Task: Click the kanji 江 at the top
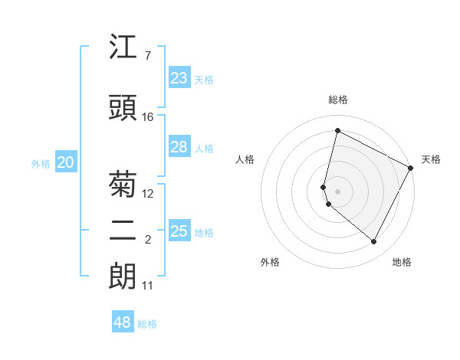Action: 123,48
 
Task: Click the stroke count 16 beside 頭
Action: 148,117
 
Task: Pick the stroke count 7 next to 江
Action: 147,56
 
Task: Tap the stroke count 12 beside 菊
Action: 148,194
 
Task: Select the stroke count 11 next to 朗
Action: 148,286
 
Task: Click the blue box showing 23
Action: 179,78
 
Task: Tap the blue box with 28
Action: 179,147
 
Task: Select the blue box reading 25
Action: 179,231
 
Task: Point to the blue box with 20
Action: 65,162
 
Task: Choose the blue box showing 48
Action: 123,322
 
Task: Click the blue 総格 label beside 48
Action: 147,324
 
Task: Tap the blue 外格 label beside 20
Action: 41,164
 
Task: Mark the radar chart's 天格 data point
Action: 411,168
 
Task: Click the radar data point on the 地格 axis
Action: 373,242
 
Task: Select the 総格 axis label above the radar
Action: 337,100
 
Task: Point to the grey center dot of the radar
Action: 337,190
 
